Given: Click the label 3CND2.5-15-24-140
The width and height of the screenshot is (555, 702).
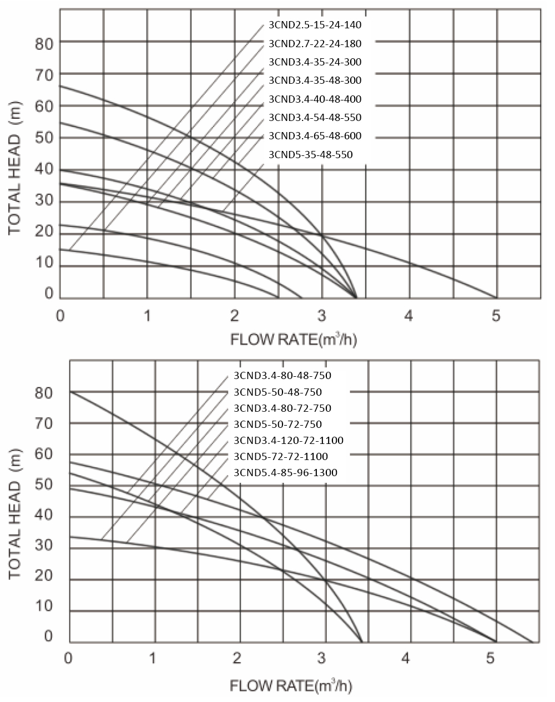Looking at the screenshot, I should tap(315, 25).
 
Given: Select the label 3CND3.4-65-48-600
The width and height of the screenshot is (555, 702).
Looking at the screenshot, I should tap(315, 136).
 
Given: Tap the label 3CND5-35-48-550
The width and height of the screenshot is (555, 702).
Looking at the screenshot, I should tap(310, 155).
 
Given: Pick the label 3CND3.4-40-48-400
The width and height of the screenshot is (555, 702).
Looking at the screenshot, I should tap(315, 99).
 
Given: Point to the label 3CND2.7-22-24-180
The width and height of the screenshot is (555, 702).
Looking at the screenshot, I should tap(315, 43).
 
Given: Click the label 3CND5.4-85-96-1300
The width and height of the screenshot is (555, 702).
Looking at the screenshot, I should tap(285, 473).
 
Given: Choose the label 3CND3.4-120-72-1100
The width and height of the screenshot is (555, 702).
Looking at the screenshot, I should tap(289, 441).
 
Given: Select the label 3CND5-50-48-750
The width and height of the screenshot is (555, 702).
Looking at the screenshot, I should tap(277, 392).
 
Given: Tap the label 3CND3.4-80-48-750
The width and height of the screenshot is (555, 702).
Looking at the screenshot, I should tap(282, 376).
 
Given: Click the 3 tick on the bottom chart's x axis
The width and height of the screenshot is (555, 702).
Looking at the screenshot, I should tap(321, 659).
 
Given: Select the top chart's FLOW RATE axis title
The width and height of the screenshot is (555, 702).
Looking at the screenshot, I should tap(294, 339).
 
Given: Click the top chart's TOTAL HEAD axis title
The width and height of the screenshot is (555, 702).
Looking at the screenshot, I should tap(15, 169).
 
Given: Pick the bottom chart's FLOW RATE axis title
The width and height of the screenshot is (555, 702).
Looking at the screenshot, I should tap(290, 686).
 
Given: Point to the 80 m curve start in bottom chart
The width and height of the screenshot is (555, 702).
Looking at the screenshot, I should tap(70, 391).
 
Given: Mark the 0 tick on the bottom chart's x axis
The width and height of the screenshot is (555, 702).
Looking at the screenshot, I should tap(69, 659).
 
